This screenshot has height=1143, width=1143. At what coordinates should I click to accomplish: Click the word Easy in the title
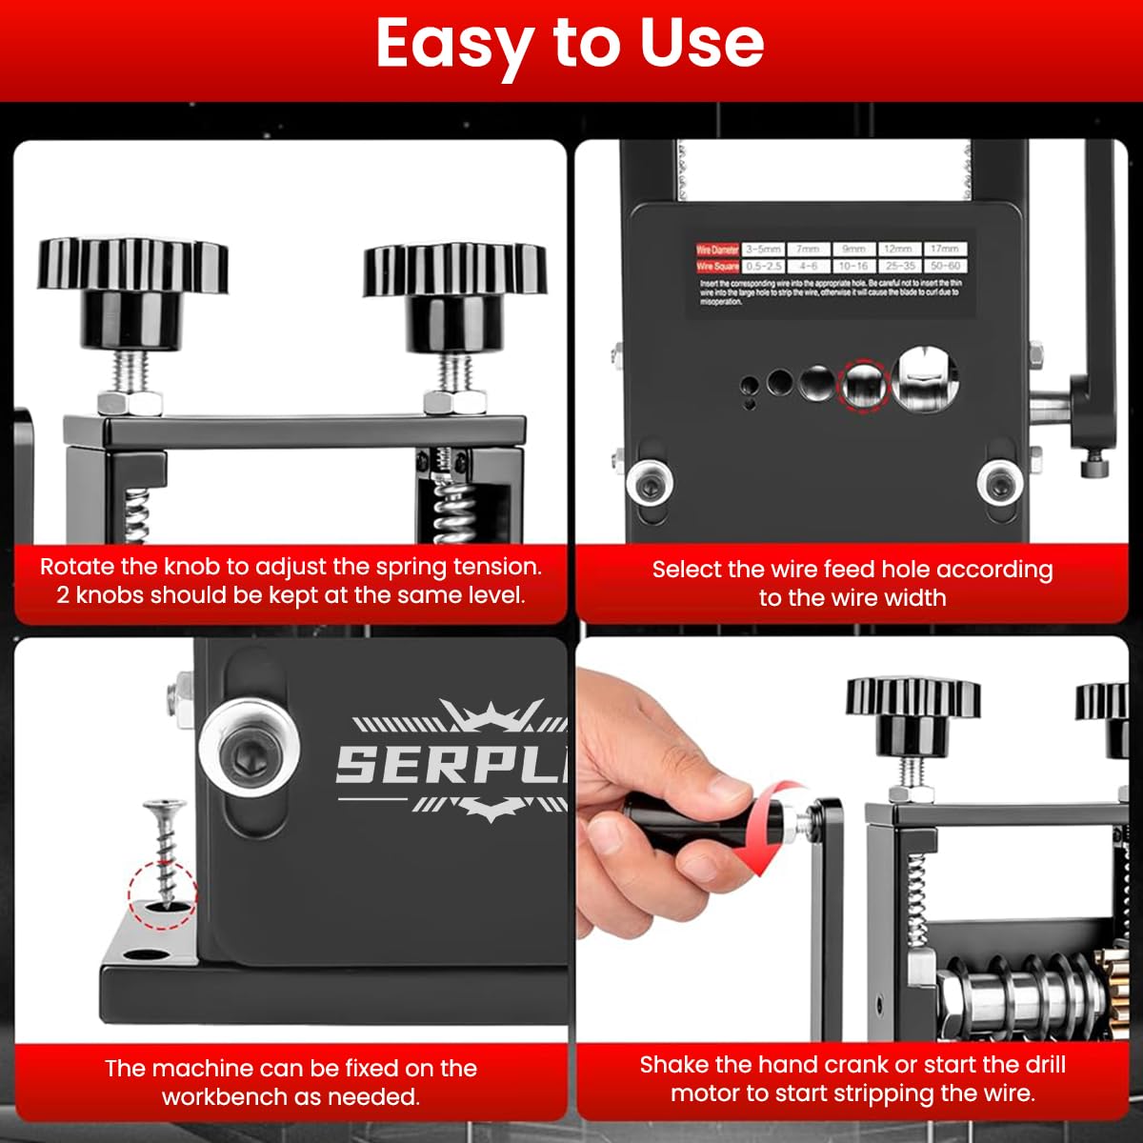[x=452, y=44]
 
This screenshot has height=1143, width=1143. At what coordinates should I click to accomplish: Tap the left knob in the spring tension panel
[x=132, y=276]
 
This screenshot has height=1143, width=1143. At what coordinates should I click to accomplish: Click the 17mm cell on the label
[x=944, y=249]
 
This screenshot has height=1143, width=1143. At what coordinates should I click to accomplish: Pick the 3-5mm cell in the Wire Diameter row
[x=763, y=249]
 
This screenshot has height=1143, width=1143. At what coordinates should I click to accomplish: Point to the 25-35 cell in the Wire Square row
[x=899, y=267]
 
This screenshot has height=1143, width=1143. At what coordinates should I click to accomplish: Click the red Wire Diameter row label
[x=717, y=250]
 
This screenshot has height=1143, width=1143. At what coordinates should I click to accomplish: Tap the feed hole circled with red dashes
[x=862, y=384]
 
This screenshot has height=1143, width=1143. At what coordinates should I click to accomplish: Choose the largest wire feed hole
[x=926, y=379]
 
